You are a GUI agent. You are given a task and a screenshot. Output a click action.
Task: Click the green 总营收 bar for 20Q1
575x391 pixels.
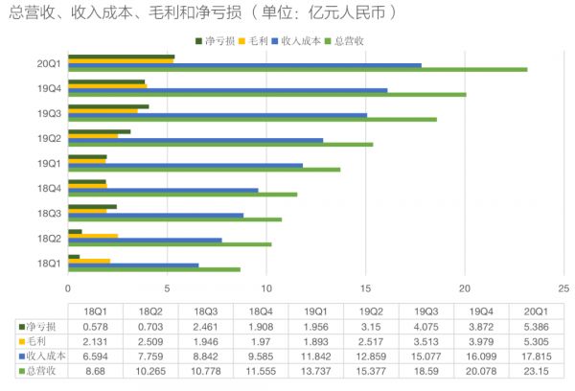tap(297, 69)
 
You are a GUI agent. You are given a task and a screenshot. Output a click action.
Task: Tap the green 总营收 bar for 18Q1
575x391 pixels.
tap(153, 268)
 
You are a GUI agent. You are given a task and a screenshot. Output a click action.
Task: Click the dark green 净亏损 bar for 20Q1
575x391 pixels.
tap(121, 57)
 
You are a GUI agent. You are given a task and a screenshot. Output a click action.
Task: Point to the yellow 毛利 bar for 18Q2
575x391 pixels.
tap(93, 236)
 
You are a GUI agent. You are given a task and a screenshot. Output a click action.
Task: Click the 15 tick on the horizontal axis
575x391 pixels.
tap(365, 287)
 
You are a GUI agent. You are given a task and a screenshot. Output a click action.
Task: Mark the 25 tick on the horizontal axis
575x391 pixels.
tap(563, 287)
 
